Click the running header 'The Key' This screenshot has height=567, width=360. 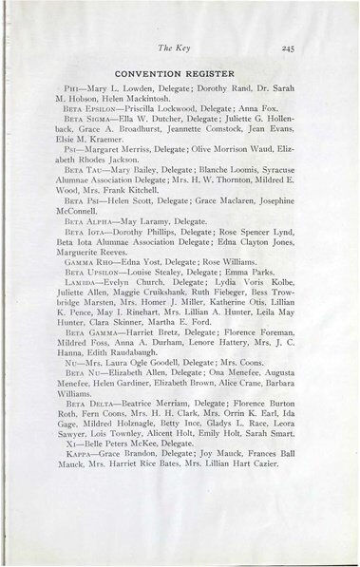click(x=180, y=44)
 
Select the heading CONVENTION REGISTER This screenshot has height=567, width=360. click(x=180, y=71)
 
